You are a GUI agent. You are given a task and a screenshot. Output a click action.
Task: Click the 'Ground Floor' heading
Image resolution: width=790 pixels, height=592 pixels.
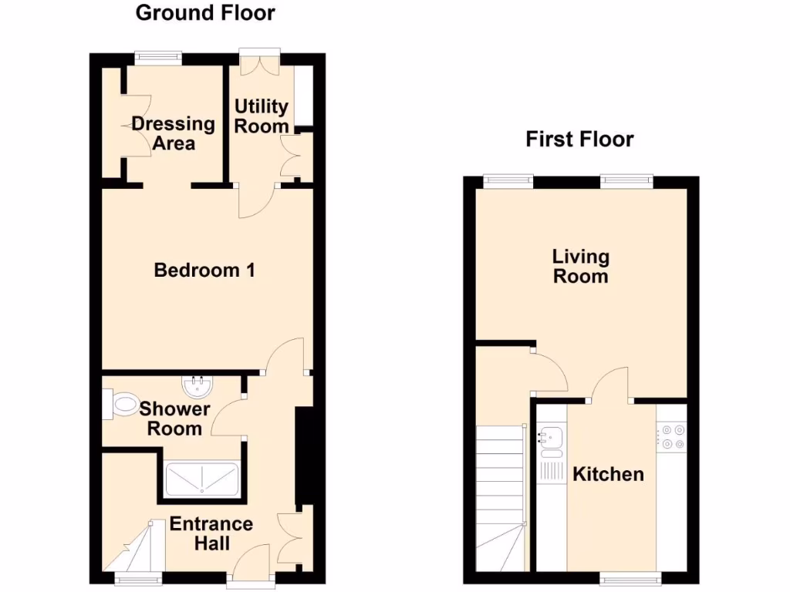205,13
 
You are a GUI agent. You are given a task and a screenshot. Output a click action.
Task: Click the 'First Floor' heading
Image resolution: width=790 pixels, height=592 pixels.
579,140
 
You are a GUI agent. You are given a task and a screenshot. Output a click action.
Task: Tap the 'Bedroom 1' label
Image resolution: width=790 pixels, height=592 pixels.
204,271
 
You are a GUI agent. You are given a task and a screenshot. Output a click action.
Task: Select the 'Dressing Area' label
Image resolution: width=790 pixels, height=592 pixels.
173,133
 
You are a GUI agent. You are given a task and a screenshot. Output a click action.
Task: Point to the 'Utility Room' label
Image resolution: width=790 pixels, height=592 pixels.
262,116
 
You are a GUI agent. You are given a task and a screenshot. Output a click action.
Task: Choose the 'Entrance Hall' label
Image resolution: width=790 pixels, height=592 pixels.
211,533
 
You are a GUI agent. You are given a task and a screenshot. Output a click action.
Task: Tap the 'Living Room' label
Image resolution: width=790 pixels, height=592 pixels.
581,266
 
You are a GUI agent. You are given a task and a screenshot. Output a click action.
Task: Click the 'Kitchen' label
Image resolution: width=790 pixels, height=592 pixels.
608,474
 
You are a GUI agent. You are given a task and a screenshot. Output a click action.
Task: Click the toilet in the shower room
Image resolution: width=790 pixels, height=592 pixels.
120,403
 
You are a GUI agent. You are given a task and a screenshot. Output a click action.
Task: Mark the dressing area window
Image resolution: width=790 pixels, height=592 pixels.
158,55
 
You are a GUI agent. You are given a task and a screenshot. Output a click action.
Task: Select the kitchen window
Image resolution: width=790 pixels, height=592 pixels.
630,577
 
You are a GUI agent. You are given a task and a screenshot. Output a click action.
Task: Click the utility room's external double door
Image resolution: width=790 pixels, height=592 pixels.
259,60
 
